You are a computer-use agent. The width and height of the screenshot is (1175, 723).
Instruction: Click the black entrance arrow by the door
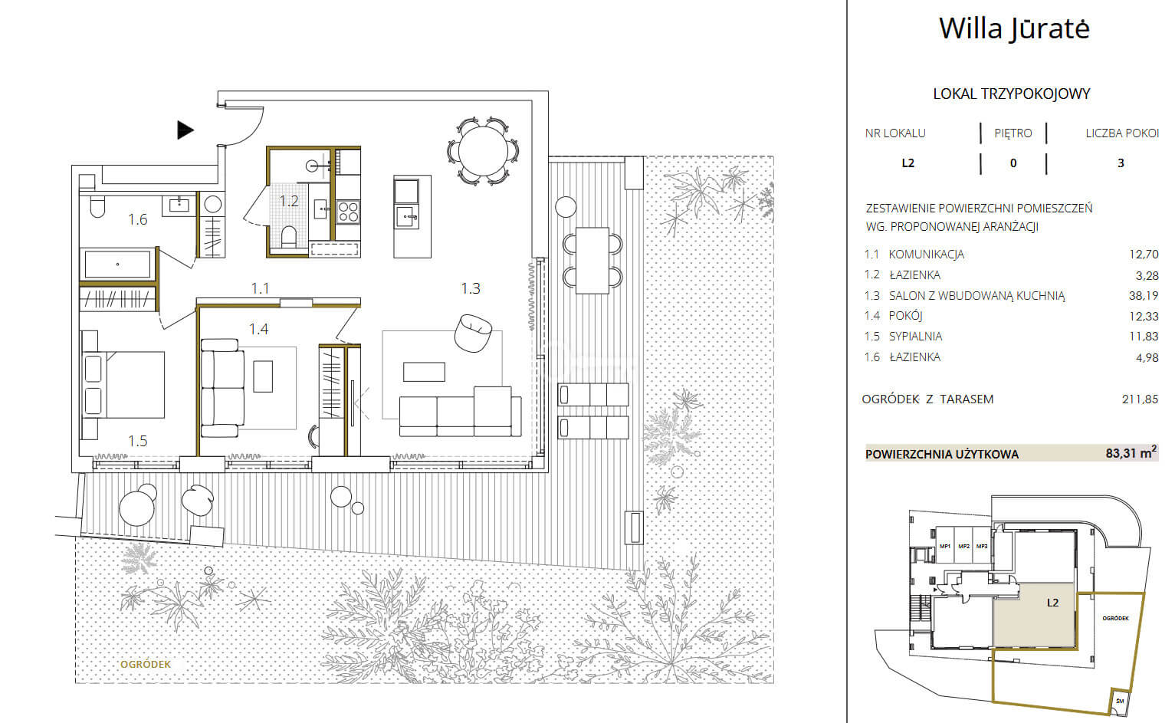pos(185,130)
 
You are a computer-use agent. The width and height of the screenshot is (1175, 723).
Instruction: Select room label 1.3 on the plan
pos(471,288)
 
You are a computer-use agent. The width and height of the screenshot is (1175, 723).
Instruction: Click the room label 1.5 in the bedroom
pos(138,441)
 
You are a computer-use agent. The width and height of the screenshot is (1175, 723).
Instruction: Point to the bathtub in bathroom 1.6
pos(117,264)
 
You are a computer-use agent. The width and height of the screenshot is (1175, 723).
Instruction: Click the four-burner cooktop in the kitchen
pos(348,212)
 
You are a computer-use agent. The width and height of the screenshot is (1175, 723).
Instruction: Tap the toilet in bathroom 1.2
pos(289,235)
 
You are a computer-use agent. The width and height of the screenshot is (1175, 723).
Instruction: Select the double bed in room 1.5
pos(123,385)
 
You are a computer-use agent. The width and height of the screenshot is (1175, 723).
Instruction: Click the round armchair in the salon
pos(473,333)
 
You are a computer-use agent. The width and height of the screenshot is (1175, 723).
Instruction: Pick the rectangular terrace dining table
pos(592,260)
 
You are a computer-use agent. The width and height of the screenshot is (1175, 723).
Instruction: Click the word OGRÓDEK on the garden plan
pos(146,664)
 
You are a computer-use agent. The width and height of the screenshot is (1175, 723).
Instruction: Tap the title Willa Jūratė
pos(1014,28)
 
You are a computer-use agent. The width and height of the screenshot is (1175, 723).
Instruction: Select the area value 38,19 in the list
pos(1144,295)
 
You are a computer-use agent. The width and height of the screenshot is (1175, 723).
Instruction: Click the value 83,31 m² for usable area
pos(1131,452)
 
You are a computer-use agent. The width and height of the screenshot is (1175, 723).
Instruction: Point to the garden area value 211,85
pos(1140,399)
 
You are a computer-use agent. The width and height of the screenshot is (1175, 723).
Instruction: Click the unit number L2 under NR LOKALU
pos(908,163)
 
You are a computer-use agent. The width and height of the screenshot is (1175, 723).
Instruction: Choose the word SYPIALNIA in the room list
pos(915,337)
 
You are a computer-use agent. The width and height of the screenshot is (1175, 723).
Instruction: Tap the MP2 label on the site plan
pos(963,546)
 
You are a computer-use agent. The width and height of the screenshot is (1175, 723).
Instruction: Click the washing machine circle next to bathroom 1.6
pos(212,204)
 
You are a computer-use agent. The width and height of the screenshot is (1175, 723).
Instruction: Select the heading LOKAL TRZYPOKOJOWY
pos(1011,94)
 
